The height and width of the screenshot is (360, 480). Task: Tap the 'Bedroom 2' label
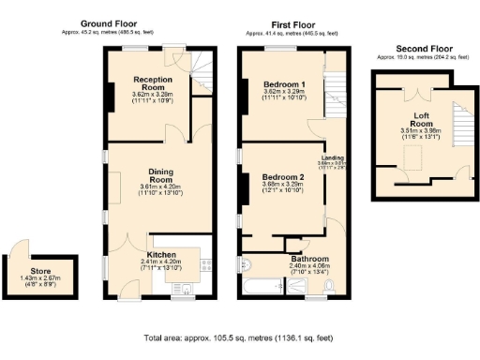(x=283, y=177)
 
